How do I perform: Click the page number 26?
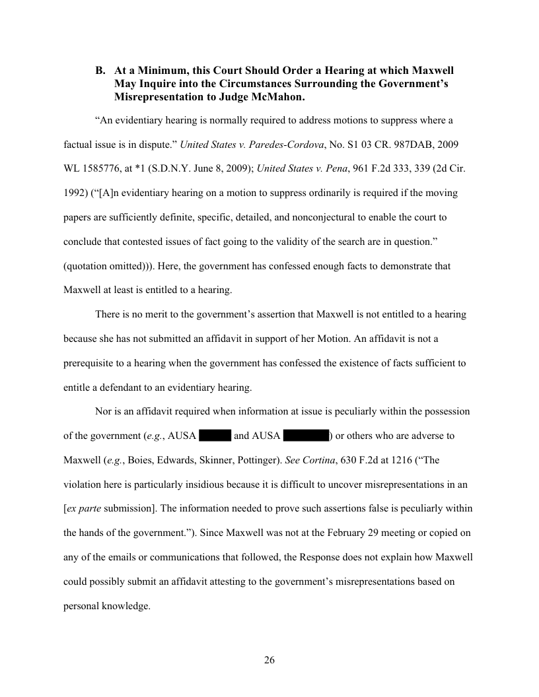pos(269,660)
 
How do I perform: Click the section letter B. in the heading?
pos(101,70)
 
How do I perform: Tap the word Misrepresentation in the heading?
pos(156,96)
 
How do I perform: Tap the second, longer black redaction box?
pos(306,436)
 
